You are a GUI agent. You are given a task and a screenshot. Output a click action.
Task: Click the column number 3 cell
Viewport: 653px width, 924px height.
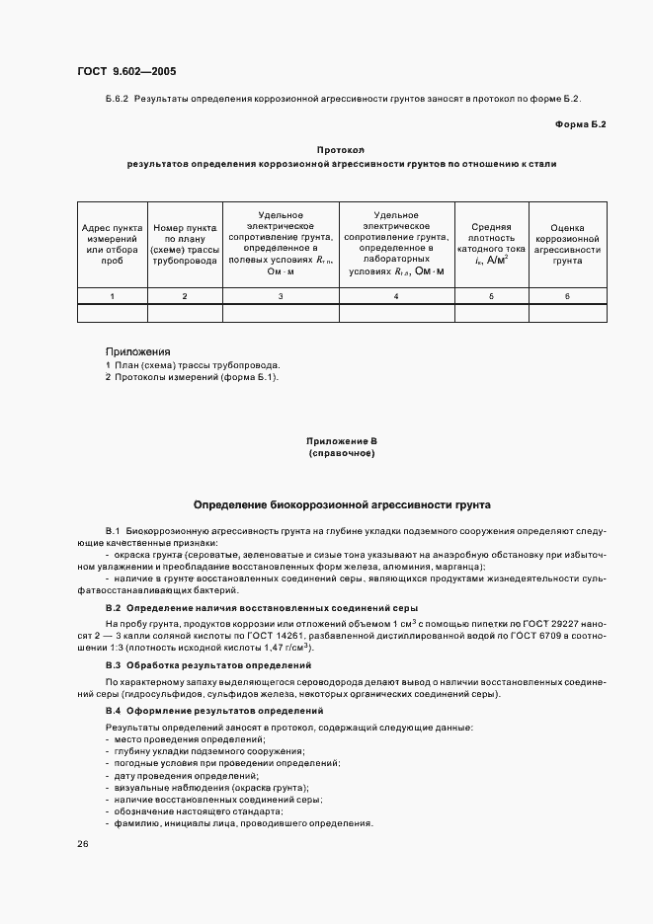pos(281,296)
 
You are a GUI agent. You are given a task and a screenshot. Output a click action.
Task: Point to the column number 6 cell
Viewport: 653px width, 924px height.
pos(567,296)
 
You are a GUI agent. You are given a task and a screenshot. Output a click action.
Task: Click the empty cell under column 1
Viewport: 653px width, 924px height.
pos(112,313)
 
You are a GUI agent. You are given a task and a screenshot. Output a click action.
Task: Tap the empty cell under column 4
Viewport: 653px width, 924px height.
pos(396,313)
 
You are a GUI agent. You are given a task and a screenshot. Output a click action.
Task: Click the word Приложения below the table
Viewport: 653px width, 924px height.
pos(137,351)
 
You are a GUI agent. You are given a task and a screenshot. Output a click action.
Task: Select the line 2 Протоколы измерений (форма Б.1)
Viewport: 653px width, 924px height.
pos(193,376)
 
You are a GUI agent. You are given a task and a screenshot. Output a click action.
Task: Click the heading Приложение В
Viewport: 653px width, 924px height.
pos(341,441)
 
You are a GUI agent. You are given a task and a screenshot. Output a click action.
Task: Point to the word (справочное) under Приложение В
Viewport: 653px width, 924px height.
pos(341,453)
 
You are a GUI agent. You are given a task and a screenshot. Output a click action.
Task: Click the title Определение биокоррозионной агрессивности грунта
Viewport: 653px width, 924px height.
pos(341,503)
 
